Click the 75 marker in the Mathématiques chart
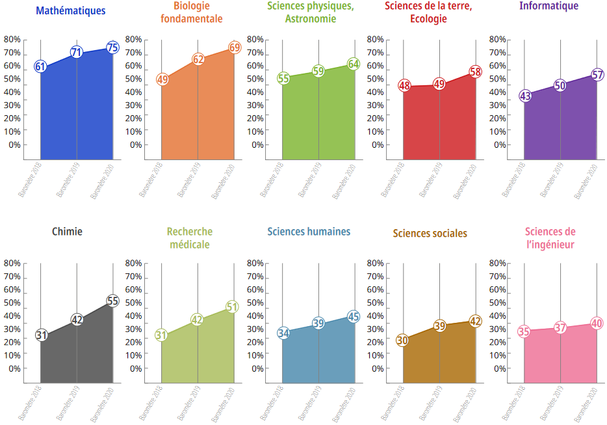112,48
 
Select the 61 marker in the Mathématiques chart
40,66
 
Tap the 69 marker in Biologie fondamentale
235,48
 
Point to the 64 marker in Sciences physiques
354,64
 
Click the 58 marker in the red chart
476,72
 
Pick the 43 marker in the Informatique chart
526,96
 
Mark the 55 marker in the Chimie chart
112,301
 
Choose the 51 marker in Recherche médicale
233,307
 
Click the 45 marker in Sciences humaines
354,317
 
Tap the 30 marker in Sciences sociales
402,340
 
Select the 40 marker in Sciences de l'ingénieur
597,323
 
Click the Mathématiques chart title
71,10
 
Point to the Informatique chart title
549,7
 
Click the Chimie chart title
67,231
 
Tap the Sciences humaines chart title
309,232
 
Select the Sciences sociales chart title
430,234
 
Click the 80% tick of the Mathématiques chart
12,39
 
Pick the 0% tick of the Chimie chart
15,368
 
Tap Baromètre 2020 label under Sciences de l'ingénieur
585,404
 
